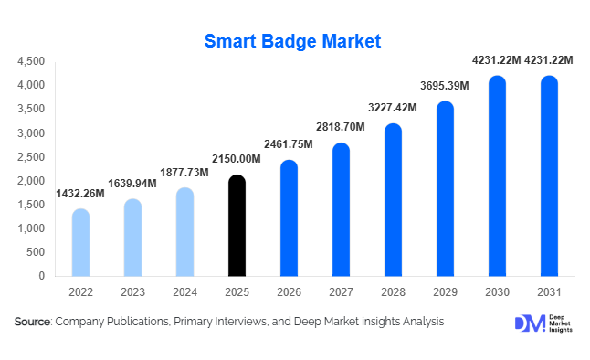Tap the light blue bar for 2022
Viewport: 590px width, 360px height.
click(80, 242)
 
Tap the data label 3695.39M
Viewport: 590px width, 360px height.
click(444, 86)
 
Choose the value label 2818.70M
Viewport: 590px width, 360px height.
click(340, 126)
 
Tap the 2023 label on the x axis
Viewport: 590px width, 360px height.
click(132, 291)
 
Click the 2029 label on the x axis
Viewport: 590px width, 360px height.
click(445, 291)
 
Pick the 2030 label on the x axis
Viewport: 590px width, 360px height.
click(496, 291)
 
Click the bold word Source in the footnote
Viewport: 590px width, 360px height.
click(33, 322)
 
